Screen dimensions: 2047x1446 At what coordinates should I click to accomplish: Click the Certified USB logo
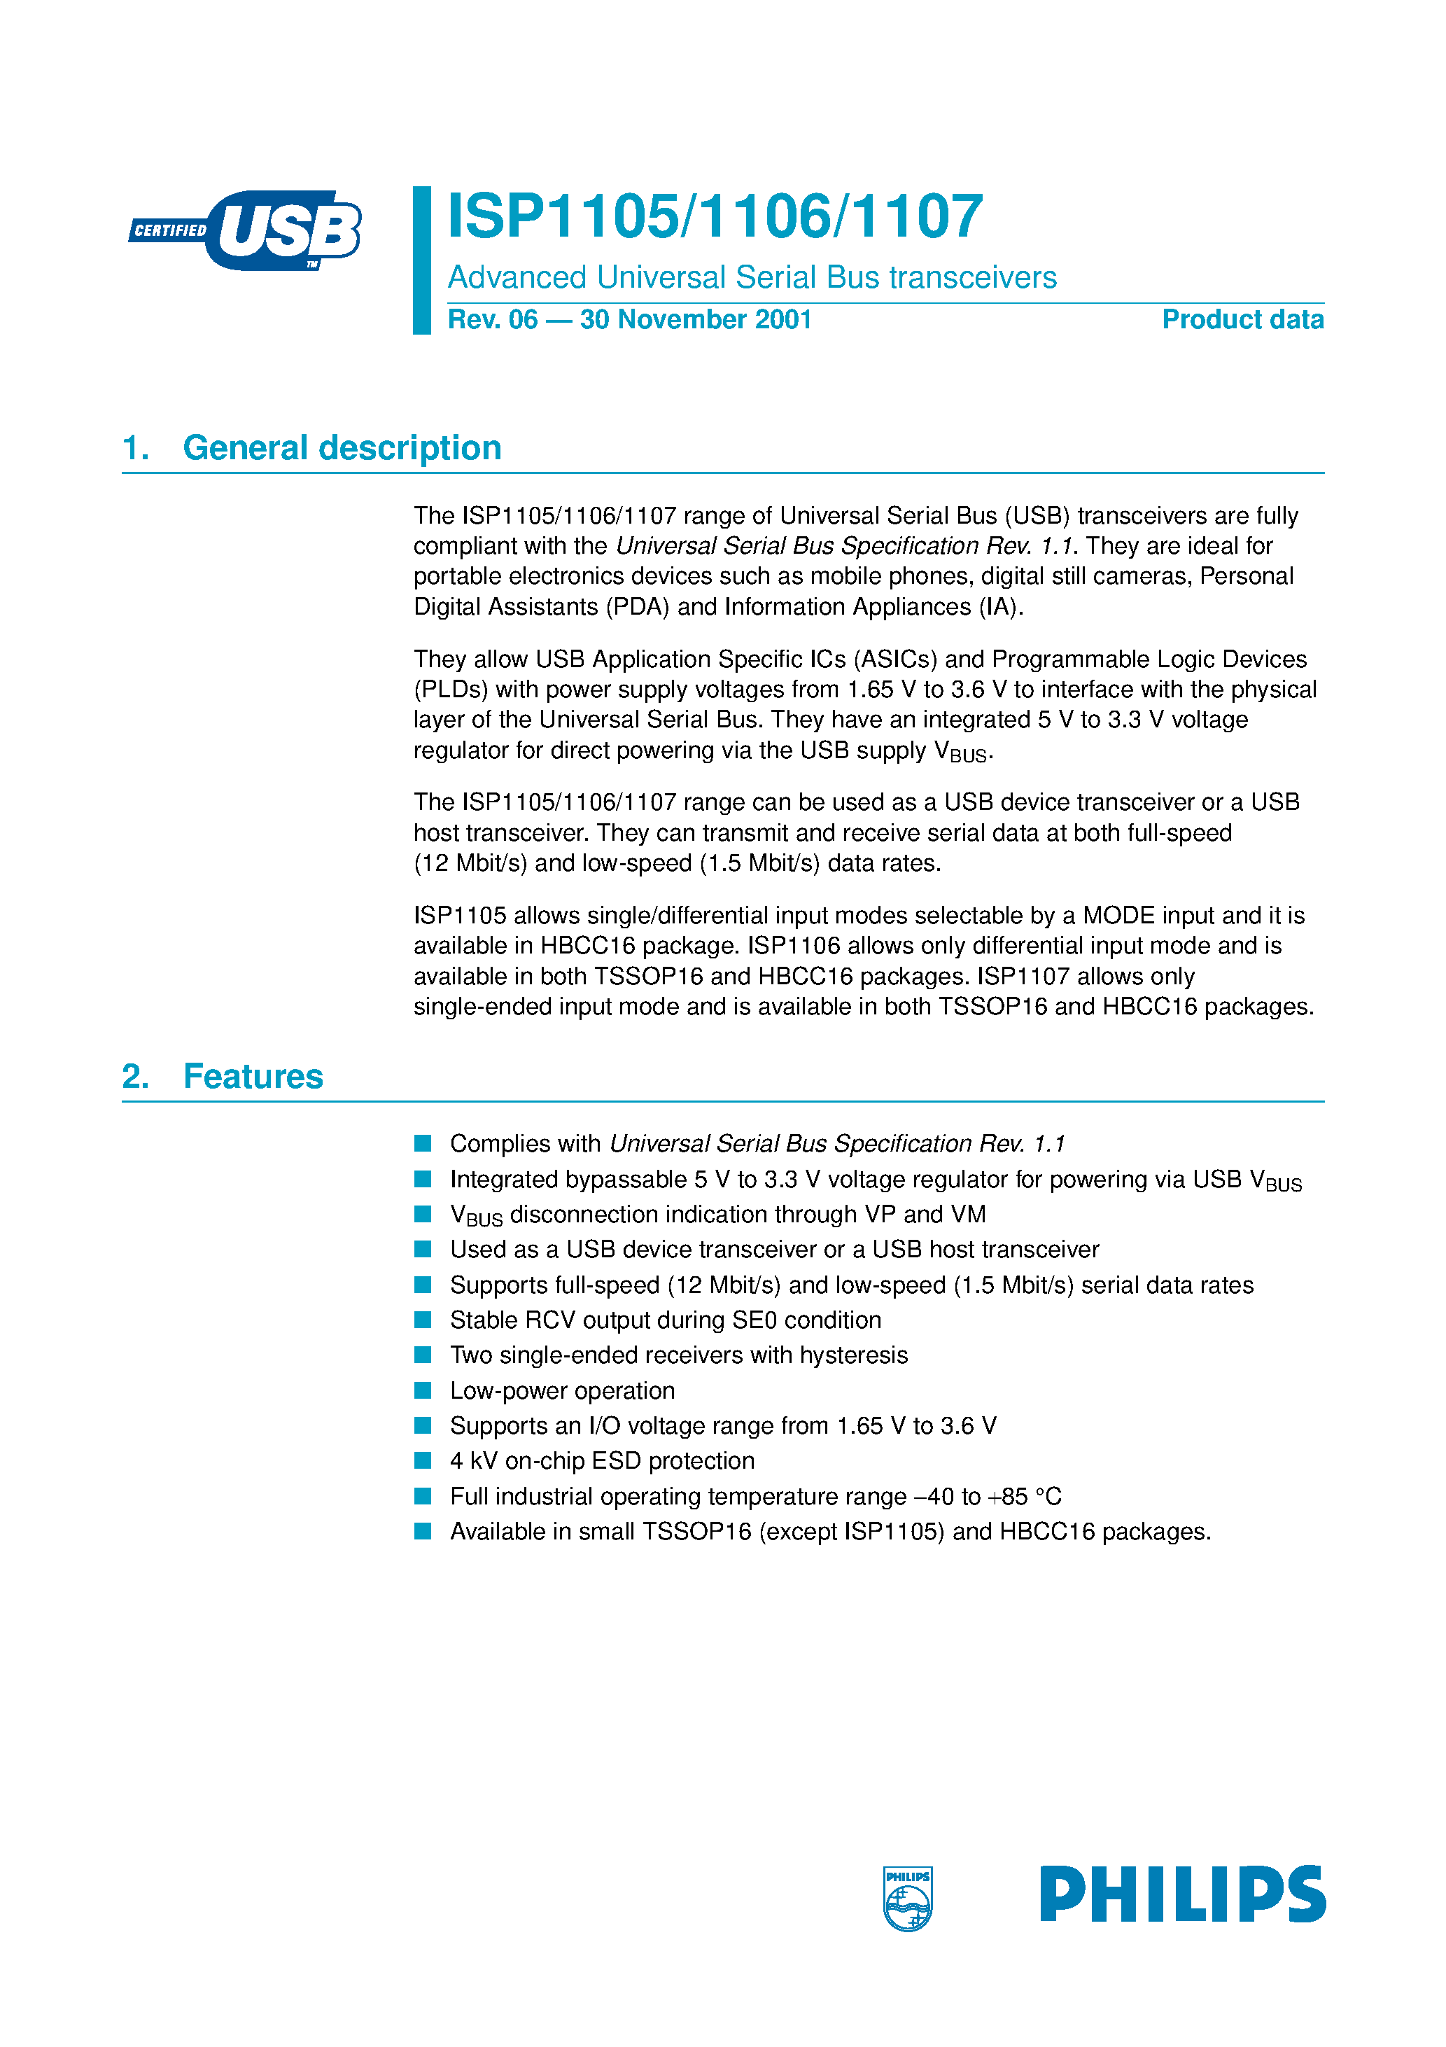[245, 230]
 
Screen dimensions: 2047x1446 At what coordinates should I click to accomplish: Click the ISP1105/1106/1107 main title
[715, 216]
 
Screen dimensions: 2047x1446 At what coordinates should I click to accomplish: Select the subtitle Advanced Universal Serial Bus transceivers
[752, 277]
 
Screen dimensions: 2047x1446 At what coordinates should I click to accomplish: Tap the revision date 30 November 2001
[696, 319]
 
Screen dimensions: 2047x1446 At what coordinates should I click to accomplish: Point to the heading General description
[342, 447]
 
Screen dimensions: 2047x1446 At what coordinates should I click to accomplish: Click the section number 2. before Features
[134, 1076]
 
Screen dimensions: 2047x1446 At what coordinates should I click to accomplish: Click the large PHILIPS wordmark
[1182, 1894]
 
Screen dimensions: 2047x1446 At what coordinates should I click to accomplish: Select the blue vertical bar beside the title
[421, 260]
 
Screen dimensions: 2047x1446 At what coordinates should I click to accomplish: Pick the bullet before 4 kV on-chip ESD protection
[423, 1460]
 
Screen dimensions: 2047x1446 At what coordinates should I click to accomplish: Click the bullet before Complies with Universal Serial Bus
[423, 1143]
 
